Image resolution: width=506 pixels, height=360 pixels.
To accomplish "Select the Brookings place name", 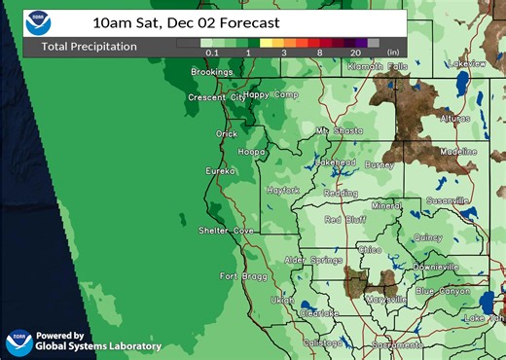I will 210,72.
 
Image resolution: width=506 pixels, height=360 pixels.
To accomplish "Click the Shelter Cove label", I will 227,231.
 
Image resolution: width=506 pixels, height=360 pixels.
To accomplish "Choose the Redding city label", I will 340,194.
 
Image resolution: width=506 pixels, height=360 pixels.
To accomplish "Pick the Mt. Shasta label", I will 337,130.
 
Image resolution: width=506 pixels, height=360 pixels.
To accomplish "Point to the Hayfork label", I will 283,191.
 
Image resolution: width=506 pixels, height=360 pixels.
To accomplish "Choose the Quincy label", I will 427,237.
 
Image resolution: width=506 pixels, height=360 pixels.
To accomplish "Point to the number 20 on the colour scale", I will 357,54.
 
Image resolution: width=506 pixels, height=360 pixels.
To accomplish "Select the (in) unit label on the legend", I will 393,54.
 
